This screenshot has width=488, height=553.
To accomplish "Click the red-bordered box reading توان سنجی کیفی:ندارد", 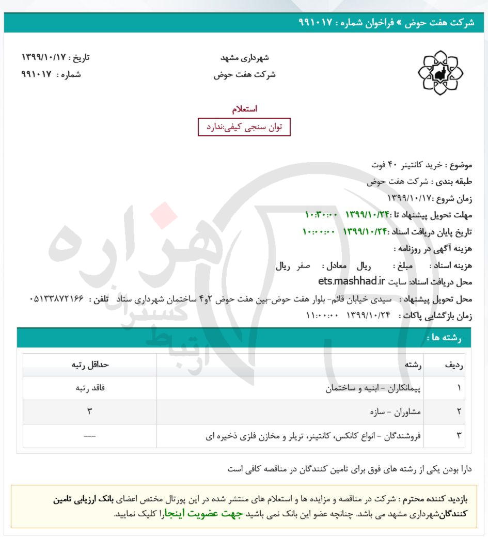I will click(245, 127).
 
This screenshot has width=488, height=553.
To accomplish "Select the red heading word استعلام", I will click(245, 109).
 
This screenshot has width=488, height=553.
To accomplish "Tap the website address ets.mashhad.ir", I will click(352, 281).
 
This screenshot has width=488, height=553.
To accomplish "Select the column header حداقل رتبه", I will click(90, 365).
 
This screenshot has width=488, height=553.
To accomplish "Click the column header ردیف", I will click(454, 365).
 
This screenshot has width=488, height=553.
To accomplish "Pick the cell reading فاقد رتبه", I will click(90, 388).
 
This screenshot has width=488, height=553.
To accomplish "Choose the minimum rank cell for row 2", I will click(90, 412).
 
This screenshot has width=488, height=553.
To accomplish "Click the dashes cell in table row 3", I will click(90, 436).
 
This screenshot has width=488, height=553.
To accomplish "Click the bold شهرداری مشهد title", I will click(245, 57).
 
